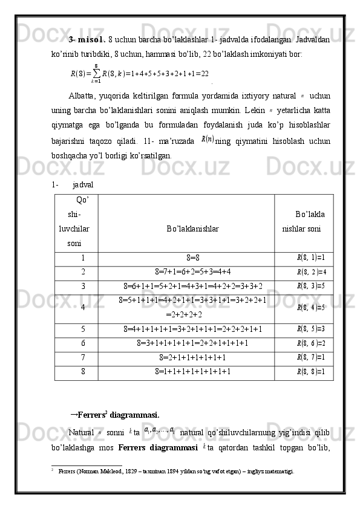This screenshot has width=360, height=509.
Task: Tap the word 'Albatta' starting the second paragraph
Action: coord(80,96)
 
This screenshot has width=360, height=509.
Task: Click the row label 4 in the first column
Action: coord(83,306)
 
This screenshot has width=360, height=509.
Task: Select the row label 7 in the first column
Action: coord(83,357)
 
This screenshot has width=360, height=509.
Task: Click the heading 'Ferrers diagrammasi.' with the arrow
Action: coord(118,415)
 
